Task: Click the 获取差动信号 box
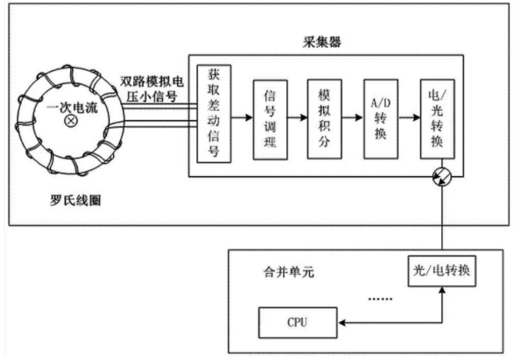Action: [214, 114]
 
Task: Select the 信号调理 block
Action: [271, 120]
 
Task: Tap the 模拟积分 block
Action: [324, 119]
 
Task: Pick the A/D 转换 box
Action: [380, 119]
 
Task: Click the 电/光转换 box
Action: [437, 119]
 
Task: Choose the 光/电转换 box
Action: [442, 271]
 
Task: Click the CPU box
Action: [298, 323]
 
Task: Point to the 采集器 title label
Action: [322, 42]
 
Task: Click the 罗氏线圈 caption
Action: [76, 200]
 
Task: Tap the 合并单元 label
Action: [289, 272]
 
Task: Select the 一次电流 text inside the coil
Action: [73, 108]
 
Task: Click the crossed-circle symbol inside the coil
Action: [71, 121]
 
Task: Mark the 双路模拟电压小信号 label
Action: [152, 89]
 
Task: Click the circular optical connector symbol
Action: [442, 176]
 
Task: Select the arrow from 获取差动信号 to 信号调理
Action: [242, 118]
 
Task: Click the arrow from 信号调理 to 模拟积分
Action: [298, 118]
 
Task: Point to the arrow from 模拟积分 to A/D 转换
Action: [353, 118]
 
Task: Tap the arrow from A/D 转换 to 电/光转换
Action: [409, 118]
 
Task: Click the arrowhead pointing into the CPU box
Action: [341, 323]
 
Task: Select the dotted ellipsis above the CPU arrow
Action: [380, 299]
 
